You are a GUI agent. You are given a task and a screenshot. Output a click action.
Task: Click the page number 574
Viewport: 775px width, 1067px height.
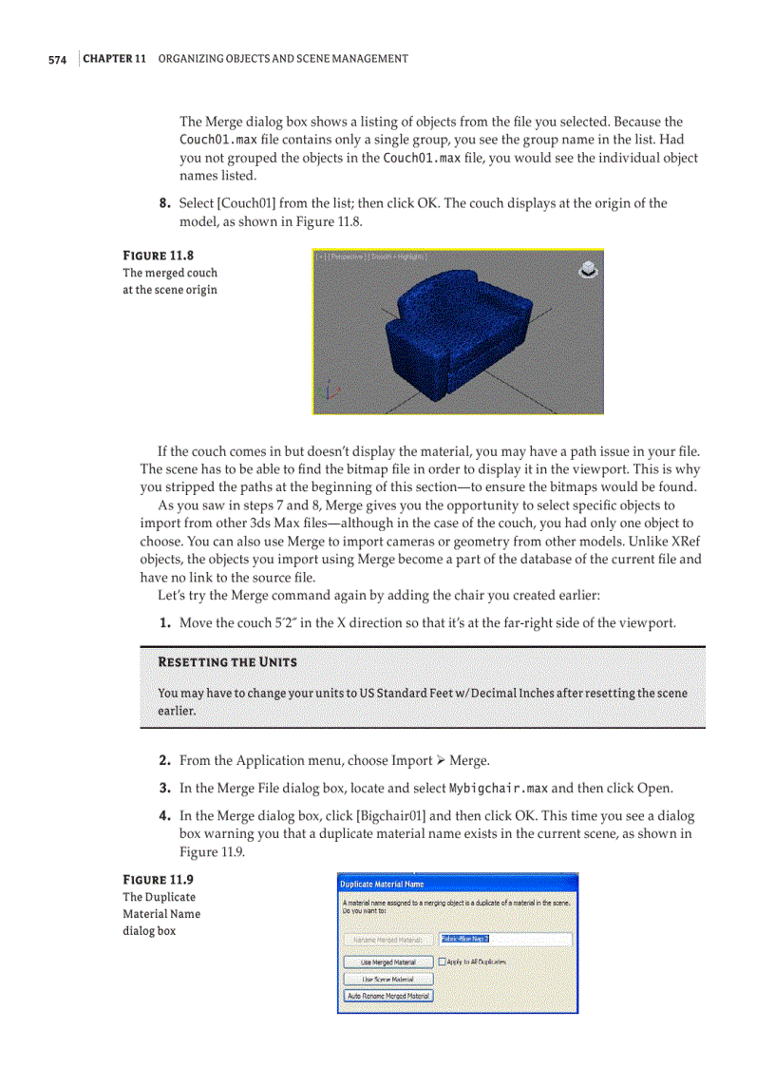pos(57,60)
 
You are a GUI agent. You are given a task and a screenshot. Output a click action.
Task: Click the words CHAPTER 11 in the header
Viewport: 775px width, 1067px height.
pos(114,59)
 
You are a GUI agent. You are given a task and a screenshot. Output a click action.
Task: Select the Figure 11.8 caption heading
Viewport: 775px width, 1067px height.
pos(159,256)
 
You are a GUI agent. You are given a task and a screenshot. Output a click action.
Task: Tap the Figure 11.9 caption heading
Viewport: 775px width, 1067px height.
pos(159,879)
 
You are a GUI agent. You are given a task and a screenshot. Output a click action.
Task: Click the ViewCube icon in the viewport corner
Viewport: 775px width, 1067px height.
pos(588,269)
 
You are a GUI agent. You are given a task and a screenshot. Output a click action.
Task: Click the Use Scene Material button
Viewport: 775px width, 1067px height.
pos(387,979)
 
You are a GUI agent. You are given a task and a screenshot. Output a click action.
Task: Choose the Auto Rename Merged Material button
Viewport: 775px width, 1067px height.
pos(387,996)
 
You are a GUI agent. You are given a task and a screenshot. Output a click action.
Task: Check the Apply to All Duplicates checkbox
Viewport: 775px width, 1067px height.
pos(443,962)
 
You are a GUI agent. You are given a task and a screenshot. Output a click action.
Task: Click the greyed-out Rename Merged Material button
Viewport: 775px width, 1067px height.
pos(387,940)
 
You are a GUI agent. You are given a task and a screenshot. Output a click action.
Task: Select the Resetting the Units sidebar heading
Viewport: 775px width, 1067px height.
pos(227,661)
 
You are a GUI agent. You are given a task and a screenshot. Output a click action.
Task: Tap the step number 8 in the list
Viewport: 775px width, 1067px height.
pos(164,203)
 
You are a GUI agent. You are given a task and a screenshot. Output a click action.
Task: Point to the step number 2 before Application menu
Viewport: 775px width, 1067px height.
pos(164,760)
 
